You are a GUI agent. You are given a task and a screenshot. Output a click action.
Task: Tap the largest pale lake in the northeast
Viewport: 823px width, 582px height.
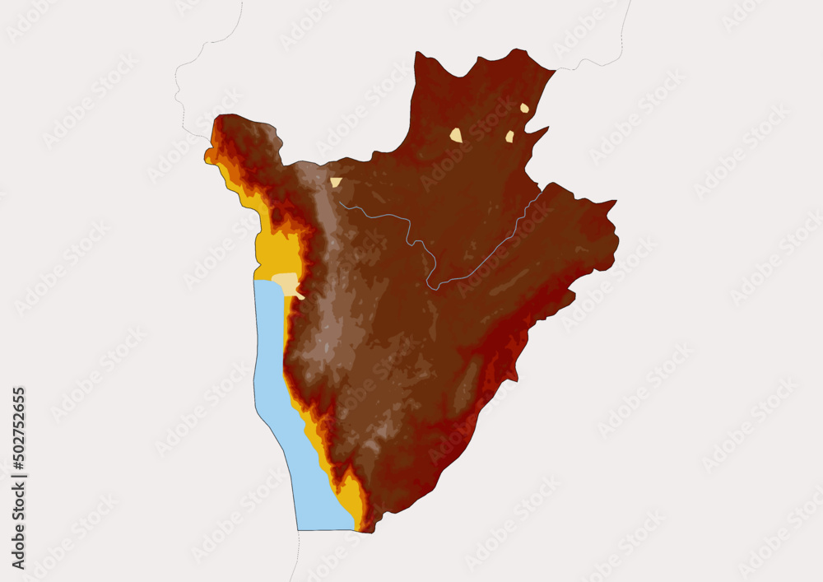coord(456,135)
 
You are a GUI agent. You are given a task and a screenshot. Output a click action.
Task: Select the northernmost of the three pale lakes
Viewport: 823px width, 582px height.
coord(524,108)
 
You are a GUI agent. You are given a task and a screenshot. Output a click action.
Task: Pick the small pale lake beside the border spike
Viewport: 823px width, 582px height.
coord(509,137)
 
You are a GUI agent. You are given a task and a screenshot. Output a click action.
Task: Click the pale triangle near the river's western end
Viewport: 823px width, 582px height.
coord(336,182)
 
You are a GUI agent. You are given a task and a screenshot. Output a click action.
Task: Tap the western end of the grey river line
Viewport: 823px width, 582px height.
coord(340,203)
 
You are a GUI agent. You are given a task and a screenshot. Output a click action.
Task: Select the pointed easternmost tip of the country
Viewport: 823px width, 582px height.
coord(615,201)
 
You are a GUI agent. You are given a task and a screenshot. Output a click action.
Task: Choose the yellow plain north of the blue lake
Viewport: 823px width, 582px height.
coord(272,247)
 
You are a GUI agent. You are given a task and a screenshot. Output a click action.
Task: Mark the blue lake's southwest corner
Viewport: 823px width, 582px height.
coord(299,528)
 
